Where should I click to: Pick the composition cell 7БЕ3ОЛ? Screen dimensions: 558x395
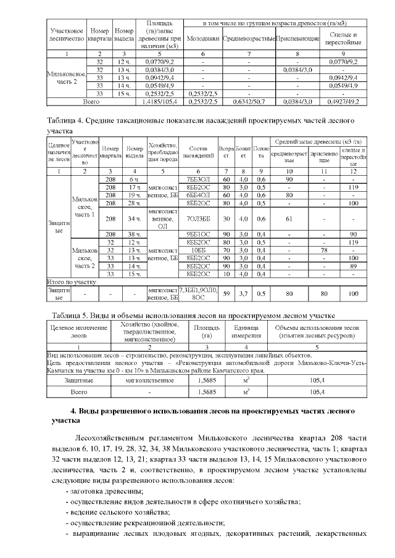(196, 178)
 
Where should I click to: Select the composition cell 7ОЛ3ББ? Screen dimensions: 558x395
(196, 218)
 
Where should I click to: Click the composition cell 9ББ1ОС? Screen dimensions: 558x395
(196, 234)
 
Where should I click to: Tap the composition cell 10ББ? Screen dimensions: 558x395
(196, 250)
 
